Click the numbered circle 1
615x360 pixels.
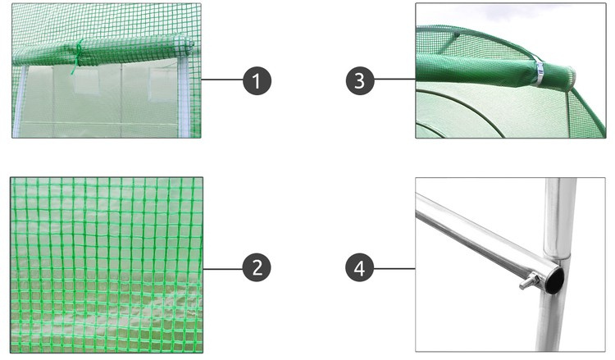(257, 81)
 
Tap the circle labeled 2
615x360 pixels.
(257, 268)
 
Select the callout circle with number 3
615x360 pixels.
(360, 81)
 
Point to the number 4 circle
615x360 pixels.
(360, 268)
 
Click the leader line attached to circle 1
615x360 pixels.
(222, 80)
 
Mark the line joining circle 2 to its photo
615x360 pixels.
(223, 269)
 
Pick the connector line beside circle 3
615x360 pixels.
(395, 80)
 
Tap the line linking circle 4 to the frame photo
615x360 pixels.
(394, 269)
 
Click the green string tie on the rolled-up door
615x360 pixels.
(78, 56)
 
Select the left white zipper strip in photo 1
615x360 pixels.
(18, 101)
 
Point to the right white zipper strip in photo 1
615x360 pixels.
(183, 98)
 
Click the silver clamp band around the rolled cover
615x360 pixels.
(538, 71)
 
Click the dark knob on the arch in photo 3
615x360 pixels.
(457, 35)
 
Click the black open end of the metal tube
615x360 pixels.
(554, 279)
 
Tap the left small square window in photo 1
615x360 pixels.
(86, 83)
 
